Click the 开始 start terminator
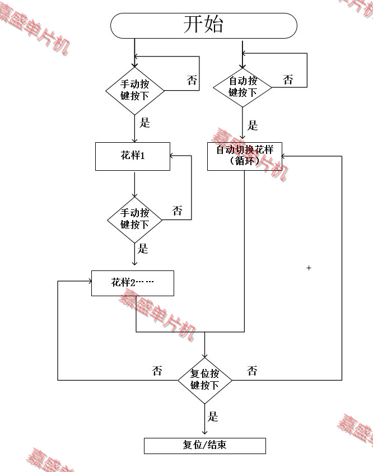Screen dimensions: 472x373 [203, 25]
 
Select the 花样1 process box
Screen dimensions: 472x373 [133, 156]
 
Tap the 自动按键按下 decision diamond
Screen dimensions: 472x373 [243, 87]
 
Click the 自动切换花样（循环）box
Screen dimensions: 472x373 [245, 156]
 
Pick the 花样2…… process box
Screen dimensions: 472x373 [133, 283]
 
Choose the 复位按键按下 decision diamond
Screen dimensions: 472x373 [204, 380]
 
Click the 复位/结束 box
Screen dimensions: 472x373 [204, 446]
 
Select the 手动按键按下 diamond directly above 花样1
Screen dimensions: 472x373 [135, 90]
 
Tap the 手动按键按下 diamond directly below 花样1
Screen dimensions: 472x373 [135, 219]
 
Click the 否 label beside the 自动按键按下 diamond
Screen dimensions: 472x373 [288, 80]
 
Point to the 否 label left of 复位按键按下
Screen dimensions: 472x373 [157, 371]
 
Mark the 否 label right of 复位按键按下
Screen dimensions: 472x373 [253, 371]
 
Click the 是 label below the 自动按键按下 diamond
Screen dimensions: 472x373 [253, 125]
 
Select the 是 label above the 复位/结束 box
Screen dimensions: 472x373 [213, 416]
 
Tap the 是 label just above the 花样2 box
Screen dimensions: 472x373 [143, 249]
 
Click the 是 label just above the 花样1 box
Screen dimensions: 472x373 [145, 123]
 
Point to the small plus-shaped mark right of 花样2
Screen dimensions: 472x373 [309, 268]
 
